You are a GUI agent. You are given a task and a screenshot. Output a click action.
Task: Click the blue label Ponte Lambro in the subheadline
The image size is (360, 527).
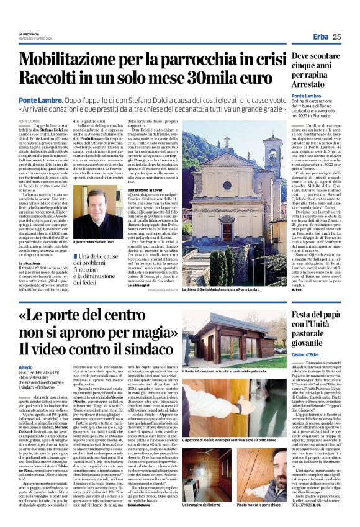coord(38,100)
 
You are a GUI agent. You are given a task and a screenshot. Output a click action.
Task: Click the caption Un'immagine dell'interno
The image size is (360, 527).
coord(205,506)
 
